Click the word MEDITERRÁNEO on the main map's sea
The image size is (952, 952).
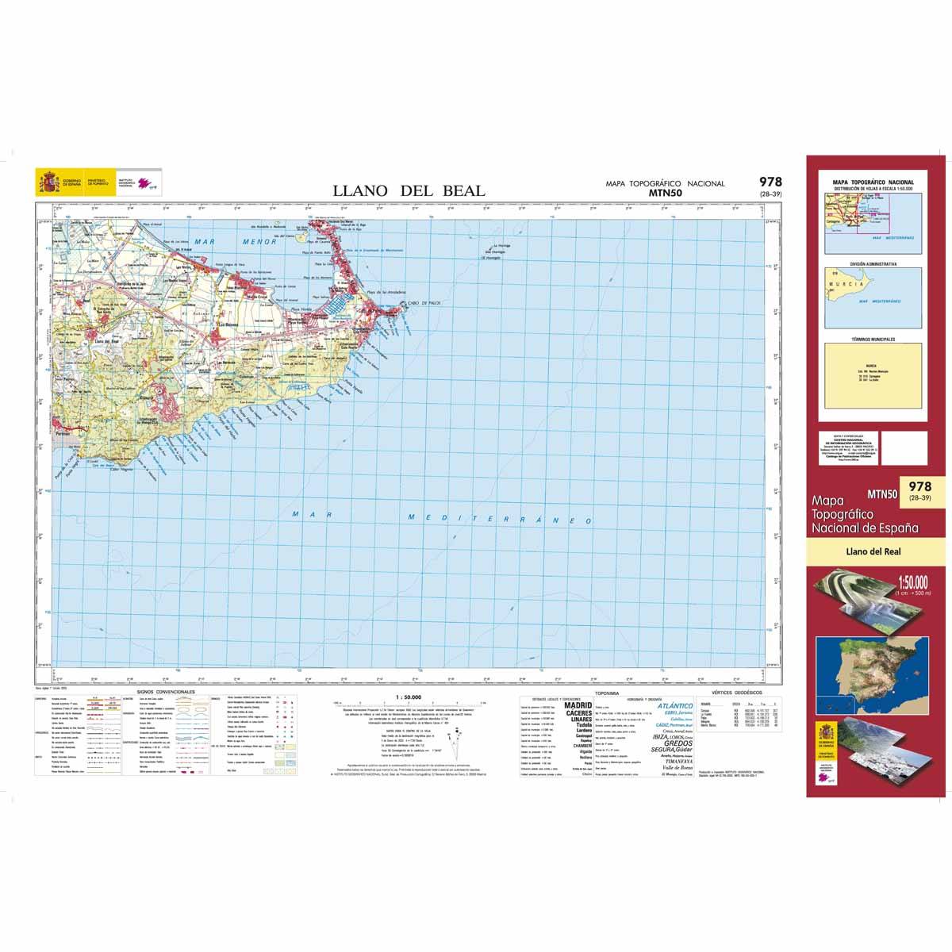(500, 519)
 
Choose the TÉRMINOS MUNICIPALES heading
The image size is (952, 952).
(873, 339)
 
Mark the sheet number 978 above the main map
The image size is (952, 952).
(769, 182)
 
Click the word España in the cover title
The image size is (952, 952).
(899, 528)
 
